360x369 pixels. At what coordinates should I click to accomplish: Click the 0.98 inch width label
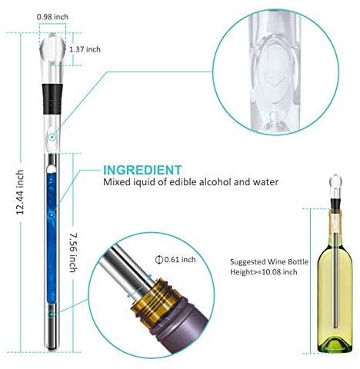pyautogui.click(x=52, y=17)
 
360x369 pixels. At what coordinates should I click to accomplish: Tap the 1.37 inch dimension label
pyautogui.click(x=85, y=49)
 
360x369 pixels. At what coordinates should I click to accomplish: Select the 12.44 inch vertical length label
pyautogui.click(x=20, y=192)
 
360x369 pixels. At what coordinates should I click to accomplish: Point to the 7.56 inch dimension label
pyautogui.click(x=74, y=252)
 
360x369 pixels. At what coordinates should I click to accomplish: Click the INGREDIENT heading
pyautogui.click(x=142, y=170)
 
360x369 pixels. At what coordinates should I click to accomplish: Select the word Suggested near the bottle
pyautogui.click(x=248, y=262)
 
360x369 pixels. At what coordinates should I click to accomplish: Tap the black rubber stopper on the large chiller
pyautogui.click(x=52, y=98)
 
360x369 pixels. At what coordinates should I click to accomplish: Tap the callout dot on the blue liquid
pyautogui.click(x=52, y=214)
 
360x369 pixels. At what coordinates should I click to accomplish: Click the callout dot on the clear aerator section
pyautogui.click(x=52, y=138)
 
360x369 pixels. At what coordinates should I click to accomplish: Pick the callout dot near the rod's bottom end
pyautogui.click(x=52, y=314)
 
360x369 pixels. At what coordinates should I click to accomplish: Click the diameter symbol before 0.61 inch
pyautogui.click(x=159, y=260)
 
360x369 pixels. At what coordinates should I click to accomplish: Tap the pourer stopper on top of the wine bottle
pyautogui.click(x=335, y=191)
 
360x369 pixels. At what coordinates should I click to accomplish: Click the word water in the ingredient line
pyautogui.click(x=265, y=182)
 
